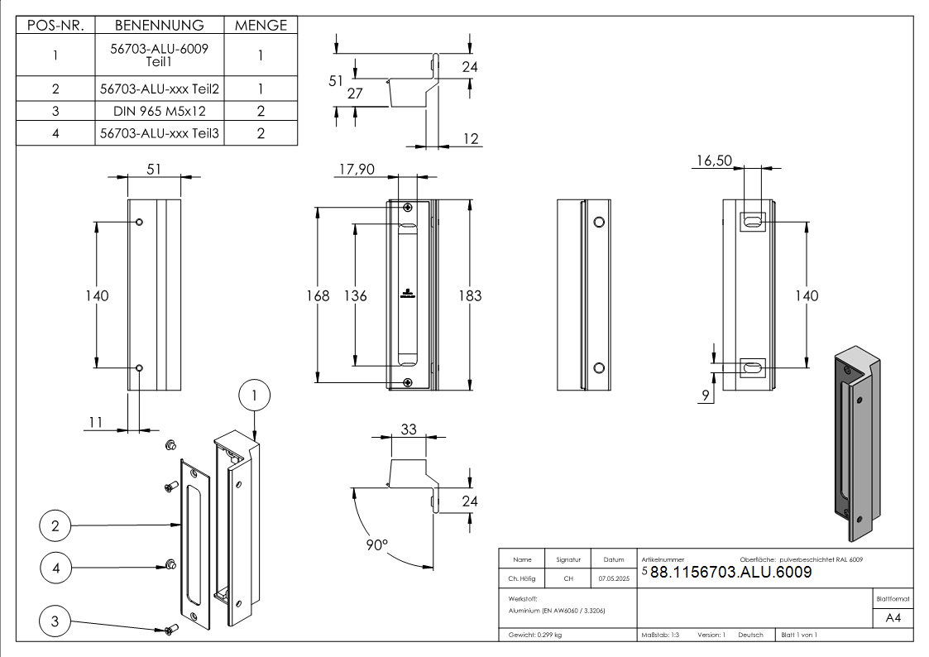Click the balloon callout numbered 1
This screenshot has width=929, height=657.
(255, 396)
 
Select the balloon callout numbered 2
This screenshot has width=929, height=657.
(55, 525)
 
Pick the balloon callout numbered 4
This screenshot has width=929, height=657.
(55, 568)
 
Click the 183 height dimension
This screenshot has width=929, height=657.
(470, 295)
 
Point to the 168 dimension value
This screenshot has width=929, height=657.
(318, 295)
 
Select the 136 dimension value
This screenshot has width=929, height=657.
(356, 295)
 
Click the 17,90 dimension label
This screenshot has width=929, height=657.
(357, 169)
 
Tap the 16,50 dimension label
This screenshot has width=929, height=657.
(713, 161)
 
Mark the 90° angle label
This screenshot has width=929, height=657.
(376, 545)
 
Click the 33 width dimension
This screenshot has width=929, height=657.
(409, 429)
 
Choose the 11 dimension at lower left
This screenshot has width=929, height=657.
(95, 422)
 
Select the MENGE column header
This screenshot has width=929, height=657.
(261, 25)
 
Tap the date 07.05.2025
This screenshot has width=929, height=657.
(614, 579)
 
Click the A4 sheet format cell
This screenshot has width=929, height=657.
(893, 618)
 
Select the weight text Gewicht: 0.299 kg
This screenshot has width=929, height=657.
(535, 635)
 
